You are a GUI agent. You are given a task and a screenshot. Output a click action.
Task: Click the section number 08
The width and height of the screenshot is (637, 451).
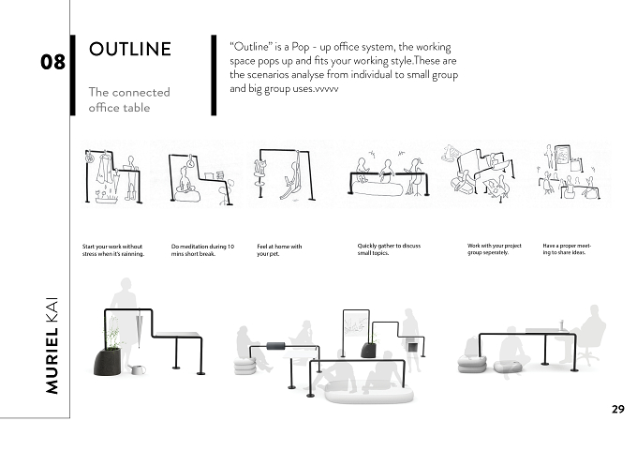pyautogui.click(x=52, y=62)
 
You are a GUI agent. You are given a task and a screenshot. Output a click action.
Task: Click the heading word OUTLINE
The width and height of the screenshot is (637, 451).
pyautogui.click(x=130, y=49)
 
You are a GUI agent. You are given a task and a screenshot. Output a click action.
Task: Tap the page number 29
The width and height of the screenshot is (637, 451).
pyautogui.click(x=618, y=409)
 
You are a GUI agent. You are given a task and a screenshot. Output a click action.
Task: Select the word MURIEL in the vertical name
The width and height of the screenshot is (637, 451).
pyautogui.click(x=52, y=361)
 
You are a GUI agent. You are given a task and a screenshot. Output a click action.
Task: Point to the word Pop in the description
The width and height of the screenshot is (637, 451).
pyautogui.click(x=300, y=47)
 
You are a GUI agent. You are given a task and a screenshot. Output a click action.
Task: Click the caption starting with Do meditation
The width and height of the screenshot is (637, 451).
pyautogui.click(x=202, y=250)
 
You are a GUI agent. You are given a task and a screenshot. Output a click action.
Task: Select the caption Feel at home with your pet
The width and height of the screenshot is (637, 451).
pyautogui.click(x=279, y=250)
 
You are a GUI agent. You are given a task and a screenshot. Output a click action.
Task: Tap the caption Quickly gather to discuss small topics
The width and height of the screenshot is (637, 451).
pyautogui.click(x=389, y=249)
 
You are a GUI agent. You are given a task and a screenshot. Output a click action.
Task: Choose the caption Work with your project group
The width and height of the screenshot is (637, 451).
pyautogui.click(x=494, y=248)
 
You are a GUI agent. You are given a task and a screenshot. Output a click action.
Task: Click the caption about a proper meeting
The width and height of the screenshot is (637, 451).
pyautogui.click(x=567, y=248)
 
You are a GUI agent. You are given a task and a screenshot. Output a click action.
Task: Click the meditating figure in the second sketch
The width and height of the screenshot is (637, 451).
pyautogui.click(x=185, y=180)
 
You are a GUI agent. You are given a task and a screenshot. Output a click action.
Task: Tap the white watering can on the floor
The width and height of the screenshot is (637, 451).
pyautogui.click(x=137, y=369)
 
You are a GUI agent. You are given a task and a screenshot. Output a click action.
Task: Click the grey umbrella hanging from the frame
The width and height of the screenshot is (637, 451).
pyautogui.click(x=139, y=330)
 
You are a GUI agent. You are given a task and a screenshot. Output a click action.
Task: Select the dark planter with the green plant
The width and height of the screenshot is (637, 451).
pyautogui.click(x=108, y=361)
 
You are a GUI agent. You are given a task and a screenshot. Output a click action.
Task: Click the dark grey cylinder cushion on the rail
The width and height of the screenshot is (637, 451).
pyautogui.click(x=275, y=347)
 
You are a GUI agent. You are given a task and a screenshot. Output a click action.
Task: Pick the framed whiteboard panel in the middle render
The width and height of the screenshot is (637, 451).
pyautogui.click(x=356, y=324)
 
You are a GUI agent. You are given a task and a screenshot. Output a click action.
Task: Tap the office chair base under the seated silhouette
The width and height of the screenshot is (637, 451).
pyautogui.click(x=587, y=359)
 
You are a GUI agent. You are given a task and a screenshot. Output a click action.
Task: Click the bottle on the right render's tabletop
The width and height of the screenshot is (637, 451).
pyautogui.click(x=562, y=325)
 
